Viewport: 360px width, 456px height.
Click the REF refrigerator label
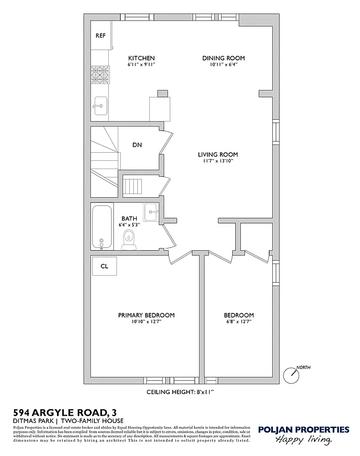pyautogui.click(x=100, y=35)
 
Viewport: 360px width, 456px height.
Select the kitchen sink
pyautogui.click(x=100, y=105)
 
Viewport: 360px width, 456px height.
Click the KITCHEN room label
pyautogui.click(x=141, y=58)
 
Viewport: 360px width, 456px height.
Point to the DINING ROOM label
pyautogui.click(x=224, y=58)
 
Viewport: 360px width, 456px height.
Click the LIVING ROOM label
pyautogui.click(x=218, y=154)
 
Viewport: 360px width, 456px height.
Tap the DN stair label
pyautogui.click(x=137, y=145)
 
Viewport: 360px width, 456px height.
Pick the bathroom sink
pyautogui.click(x=151, y=212)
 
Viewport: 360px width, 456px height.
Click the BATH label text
pyautogui.click(x=129, y=218)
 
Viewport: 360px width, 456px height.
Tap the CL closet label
pyautogui.click(x=104, y=266)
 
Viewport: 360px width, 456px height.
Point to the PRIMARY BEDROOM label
pyautogui.click(x=146, y=315)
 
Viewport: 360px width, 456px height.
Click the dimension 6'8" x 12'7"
pyautogui.click(x=239, y=322)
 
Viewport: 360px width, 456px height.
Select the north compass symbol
pyautogui.click(x=293, y=374)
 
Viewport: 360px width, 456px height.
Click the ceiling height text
pyautogui.click(x=180, y=392)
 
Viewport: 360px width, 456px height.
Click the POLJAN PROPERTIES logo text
pyautogui.click(x=303, y=430)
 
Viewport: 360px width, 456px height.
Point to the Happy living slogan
pyautogui.click(x=303, y=440)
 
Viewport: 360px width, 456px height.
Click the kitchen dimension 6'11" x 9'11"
pyautogui.click(x=141, y=65)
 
